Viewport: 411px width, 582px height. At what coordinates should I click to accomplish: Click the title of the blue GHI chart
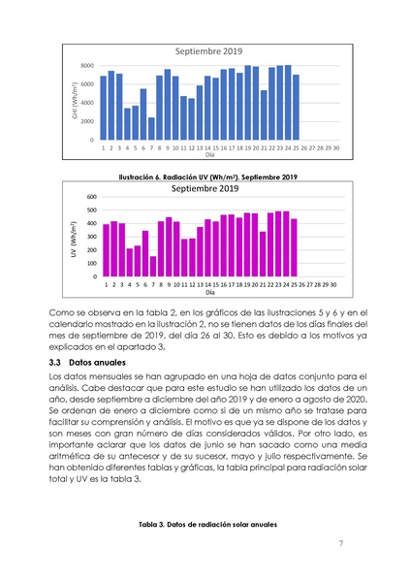[207, 50]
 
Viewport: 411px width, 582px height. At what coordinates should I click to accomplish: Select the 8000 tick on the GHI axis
[86, 66]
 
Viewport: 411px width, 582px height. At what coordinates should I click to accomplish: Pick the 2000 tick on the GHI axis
[86, 121]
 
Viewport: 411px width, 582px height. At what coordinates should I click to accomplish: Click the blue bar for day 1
[104, 108]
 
